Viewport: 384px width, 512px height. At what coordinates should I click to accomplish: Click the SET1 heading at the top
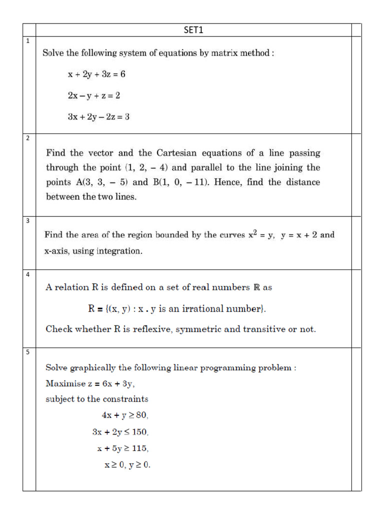[x=193, y=30]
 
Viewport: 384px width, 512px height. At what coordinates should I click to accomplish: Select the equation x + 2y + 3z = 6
[x=96, y=74]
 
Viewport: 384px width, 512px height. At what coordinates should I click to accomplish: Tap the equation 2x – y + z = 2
[x=93, y=95]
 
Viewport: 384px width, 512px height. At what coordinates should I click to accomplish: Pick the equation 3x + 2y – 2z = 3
[x=98, y=116]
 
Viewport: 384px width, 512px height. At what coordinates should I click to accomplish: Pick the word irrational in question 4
[x=201, y=309]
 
